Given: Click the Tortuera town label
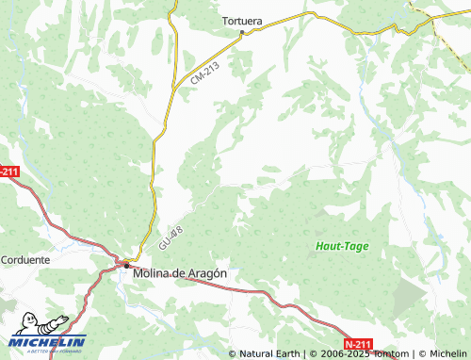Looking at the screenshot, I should [x=241, y=19].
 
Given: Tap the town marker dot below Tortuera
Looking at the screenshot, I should [x=242, y=32].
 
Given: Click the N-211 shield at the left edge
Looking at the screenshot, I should [x=8, y=171].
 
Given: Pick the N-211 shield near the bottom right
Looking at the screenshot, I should [x=358, y=344].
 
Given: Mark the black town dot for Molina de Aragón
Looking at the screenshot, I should [x=127, y=267].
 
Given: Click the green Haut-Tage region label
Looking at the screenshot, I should [x=342, y=247].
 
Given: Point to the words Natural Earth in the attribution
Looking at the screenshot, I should [x=268, y=353].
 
